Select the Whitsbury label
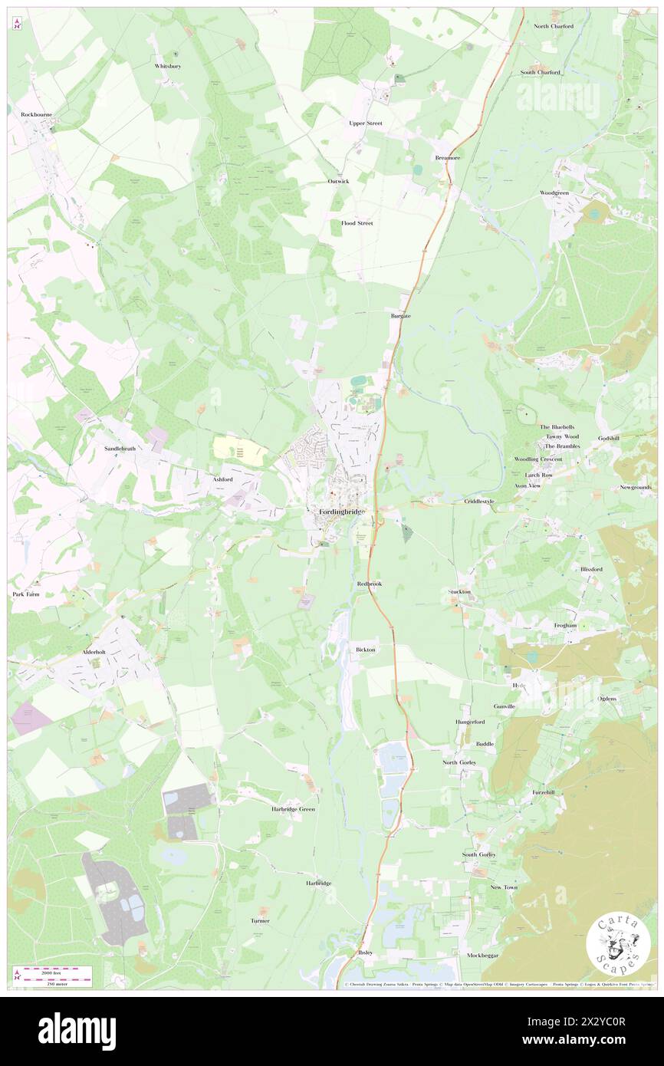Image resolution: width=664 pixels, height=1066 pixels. point(167,67)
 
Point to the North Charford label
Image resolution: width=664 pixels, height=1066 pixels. point(554,26)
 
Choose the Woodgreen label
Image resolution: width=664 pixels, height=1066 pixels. point(554,192)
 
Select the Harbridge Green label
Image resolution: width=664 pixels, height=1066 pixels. point(294,809)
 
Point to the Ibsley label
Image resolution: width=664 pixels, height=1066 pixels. point(365,952)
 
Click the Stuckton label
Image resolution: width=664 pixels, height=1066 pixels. point(459,592)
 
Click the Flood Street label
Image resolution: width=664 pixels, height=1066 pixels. point(357,223)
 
